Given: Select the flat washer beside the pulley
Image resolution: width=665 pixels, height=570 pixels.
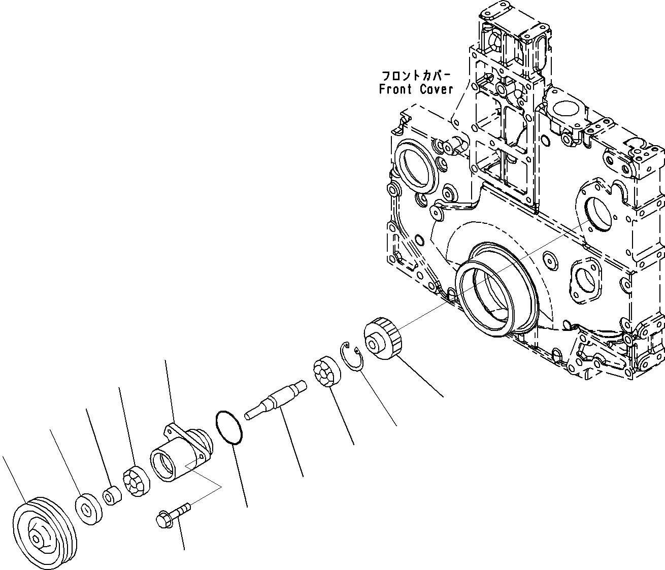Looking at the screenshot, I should (x=89, y=508).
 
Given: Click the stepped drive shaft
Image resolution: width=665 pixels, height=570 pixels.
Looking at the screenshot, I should (x=276, y=399).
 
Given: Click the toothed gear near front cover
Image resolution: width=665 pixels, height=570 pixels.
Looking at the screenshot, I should (x=383, y=337).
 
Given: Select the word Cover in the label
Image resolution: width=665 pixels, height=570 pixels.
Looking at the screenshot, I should (x=436, y=90).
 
